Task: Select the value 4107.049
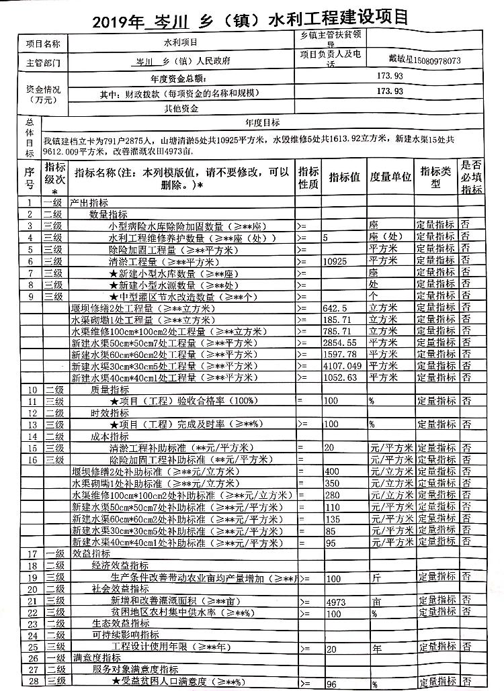(341, 366)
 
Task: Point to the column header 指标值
(345, 178)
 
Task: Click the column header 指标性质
(308, 178)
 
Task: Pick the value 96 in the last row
(331, 684)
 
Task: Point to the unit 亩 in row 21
(376, 602)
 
